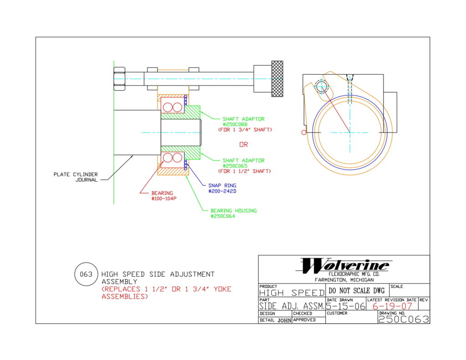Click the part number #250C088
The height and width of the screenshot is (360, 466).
click(x=235, y=124)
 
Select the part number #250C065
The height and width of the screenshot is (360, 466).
click(x=235, y=166)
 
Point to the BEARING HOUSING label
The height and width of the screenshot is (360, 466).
click(x=233, y=211)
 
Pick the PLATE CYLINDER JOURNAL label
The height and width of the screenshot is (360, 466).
click(x=76, y=177)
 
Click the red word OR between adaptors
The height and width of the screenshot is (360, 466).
click(x=244, y=145)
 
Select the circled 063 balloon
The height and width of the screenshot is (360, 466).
click(x=86, y=274)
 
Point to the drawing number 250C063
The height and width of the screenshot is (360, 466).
click(x=403, y=319)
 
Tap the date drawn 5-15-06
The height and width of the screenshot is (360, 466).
click(x=345, y=306)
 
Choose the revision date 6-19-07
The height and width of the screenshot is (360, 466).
click(x=392, y=306)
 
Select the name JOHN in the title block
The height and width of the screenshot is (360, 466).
click(x=282, y=320)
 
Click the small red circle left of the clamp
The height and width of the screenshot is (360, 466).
click(x=303, y=132)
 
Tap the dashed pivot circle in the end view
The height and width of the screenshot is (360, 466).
click(x=322, y=86)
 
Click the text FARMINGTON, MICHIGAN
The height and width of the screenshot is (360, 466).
click(x=344, y=280)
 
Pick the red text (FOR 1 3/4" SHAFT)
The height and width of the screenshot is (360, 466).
click(x=245, y=130)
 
